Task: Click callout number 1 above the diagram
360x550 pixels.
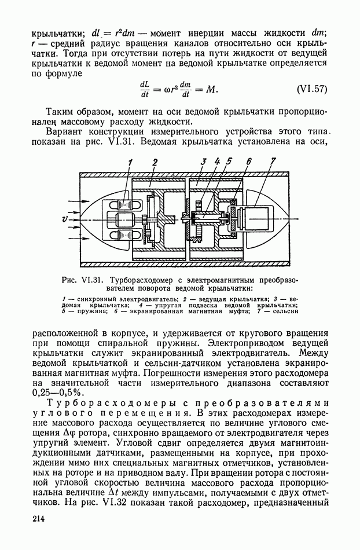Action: (131, 162)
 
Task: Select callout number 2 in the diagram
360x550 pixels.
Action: (156, 162)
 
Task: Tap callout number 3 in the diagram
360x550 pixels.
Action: (203, 162)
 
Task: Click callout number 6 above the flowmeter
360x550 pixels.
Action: (248, 162)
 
